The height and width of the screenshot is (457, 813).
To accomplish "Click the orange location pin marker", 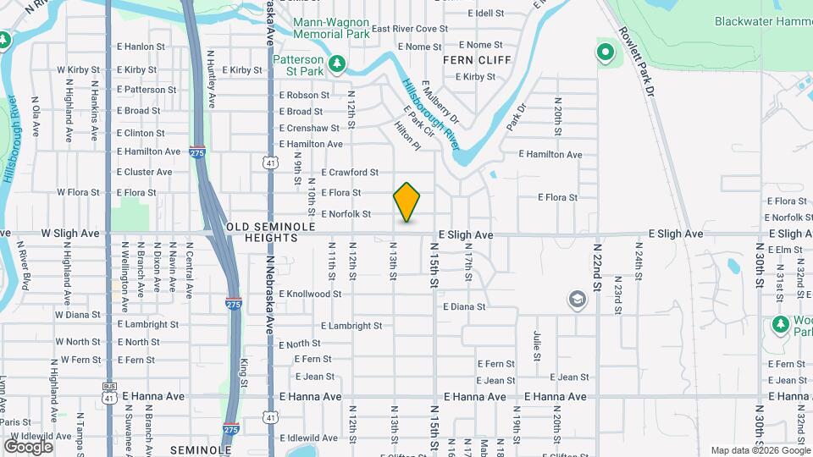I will coord(407,202).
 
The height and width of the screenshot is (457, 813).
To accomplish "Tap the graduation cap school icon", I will coord(577,299).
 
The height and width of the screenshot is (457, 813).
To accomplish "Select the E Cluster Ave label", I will coord(144,172).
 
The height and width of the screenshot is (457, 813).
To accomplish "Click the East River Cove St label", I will coord(409,29).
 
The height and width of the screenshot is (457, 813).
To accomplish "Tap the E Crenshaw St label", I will coord(309,129).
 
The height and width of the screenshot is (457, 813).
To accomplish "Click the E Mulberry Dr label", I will coord(441,102).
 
